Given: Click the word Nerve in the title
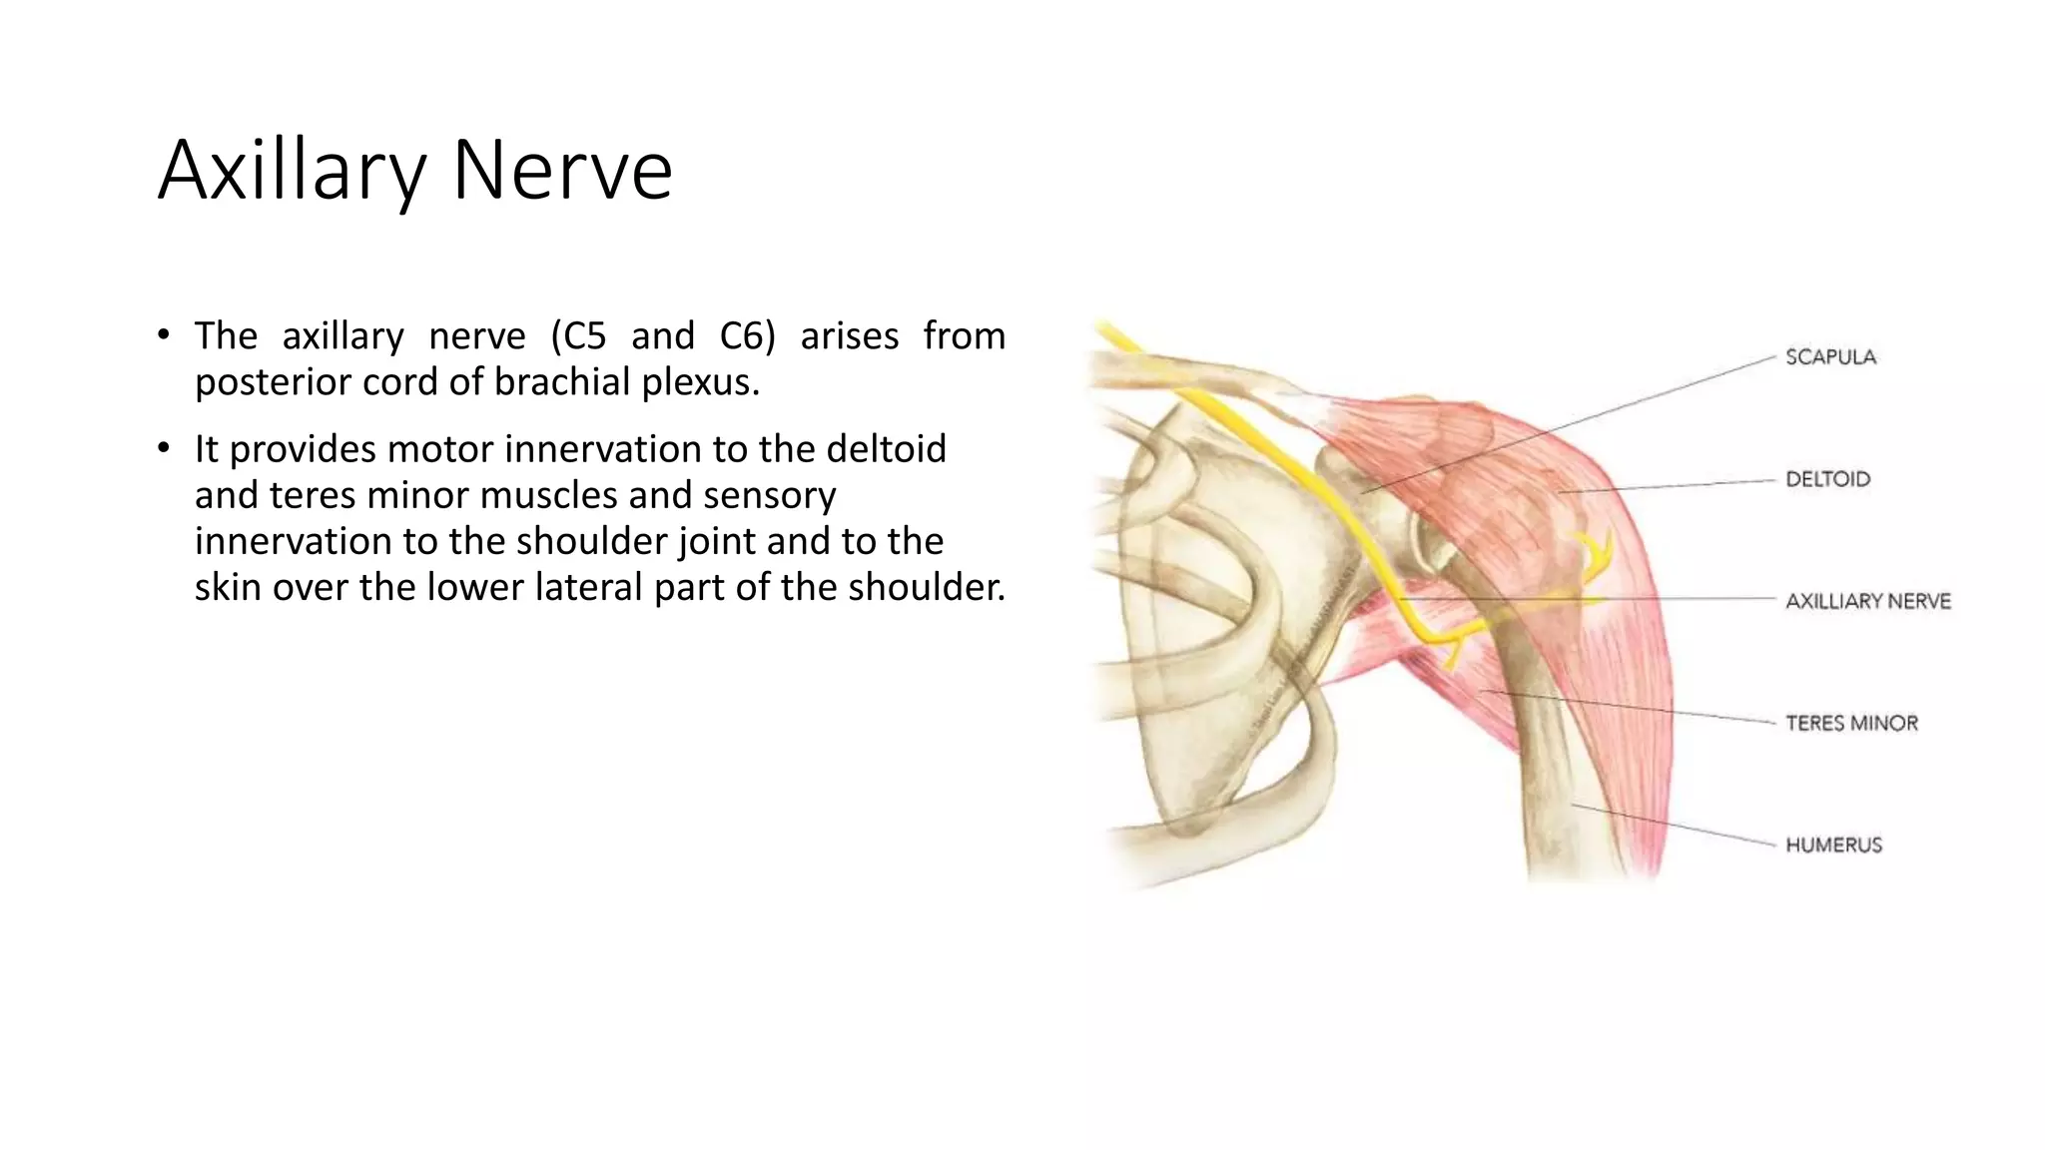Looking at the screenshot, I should point(562,172).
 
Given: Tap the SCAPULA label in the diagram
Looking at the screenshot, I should point(1830,357).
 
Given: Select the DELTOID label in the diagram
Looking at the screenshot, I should point(1827,479).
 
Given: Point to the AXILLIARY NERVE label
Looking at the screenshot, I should point(1867,601).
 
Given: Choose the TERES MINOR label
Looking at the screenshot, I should point(1851,723).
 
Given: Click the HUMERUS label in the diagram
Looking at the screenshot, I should point(1833,845).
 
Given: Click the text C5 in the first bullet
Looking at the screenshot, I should point(578,336).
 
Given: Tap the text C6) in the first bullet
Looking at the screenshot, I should point(747,336).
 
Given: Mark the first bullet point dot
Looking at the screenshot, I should point(164,335).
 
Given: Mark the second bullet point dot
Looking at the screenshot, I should point(164,449).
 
